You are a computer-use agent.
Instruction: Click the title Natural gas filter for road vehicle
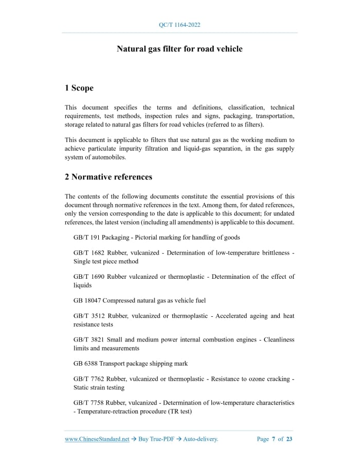pos(179,49)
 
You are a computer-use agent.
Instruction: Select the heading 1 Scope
pos(79,88)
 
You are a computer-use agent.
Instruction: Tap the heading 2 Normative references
pos(109,177)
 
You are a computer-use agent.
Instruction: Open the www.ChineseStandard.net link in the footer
pos(97,439)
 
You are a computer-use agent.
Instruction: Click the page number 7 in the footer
pos(274,439)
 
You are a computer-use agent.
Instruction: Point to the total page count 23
pos(290,439)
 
